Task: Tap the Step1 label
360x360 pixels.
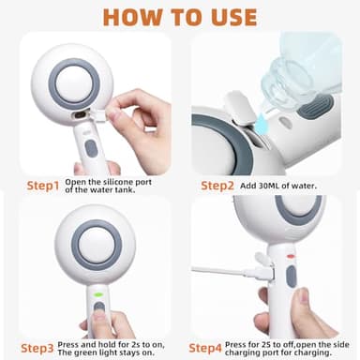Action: point(30,184)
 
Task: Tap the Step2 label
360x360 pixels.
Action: point(218,185)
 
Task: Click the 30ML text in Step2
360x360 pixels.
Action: point(273,186)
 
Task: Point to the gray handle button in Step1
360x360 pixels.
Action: point(90,147)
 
